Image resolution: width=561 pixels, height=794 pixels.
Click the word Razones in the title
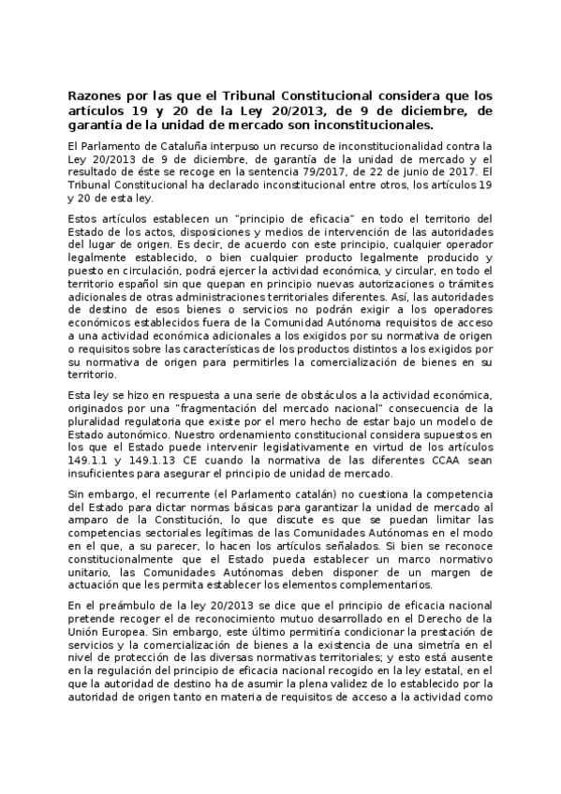pyautogui.click(x=96, y=96)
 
